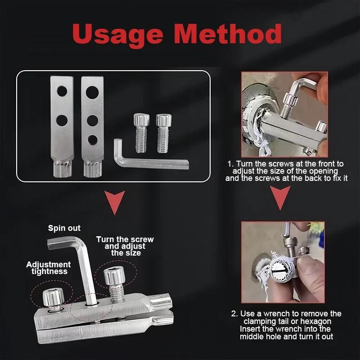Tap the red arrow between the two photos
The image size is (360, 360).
point(280,200)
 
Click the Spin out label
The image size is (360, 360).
point(64,228)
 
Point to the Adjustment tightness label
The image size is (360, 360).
point(48,268)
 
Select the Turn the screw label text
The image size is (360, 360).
point(125,239)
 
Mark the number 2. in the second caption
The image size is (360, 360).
point(234,314)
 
